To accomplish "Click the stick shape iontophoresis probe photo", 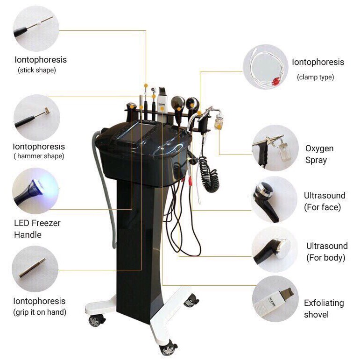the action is (36, 28).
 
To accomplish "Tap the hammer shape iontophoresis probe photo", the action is (37, 117).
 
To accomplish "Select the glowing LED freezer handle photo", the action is (35, 191).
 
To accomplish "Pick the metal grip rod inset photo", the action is (35, 269).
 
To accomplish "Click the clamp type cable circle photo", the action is (266, 67).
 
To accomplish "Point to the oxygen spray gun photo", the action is (275, 148).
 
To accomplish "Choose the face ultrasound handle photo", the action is (274, 199).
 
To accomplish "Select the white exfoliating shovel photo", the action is (275, 299).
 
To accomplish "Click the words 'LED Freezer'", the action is (37, 223).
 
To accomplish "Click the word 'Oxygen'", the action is (319, 149).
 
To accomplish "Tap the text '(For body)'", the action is (326, 258).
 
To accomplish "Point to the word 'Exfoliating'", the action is (324, 303).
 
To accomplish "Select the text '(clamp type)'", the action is (316, 77).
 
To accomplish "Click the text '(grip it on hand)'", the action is (40, 312).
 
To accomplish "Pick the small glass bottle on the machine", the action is (219, 122).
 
